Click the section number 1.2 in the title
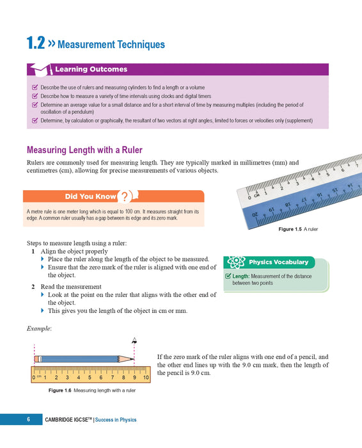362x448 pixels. coord(35,44)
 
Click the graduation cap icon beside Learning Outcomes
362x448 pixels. coord(40,68)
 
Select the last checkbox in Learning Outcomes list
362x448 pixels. coord(35,120)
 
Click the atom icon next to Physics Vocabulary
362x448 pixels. coord(235,262)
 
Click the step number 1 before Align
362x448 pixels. coord(33,252)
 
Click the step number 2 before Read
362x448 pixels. coord(33,286)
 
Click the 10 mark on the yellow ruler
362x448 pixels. coord(146,378)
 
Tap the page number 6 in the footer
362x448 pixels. coord(28,420)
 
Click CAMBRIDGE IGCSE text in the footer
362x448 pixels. coord(68,420)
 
